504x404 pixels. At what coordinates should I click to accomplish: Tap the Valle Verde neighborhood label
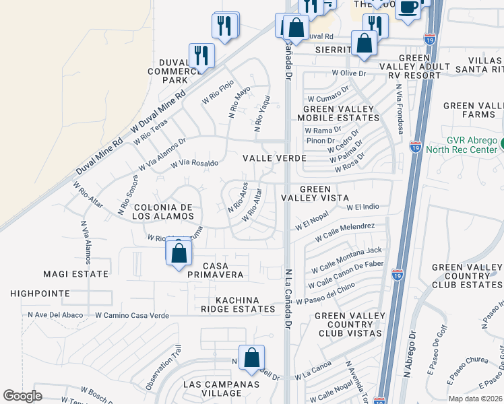click(275, 158)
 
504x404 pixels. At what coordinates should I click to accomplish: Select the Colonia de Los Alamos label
click(164, 211)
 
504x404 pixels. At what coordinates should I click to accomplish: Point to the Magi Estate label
click(75, 274)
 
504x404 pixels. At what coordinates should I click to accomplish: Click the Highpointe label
click(40, 294)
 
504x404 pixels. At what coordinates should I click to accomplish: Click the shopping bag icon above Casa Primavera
click(179, 254)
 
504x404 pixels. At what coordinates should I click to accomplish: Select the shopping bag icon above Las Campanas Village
click(251, 357)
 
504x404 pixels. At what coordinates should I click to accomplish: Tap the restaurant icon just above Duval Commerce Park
click(201, 55)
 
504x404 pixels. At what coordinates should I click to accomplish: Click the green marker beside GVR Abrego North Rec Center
click(499, 143)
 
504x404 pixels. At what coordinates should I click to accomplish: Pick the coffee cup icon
click(408, 7)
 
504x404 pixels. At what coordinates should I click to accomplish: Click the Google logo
click(22, 396)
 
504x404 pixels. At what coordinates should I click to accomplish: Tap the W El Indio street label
click(363, 207)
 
